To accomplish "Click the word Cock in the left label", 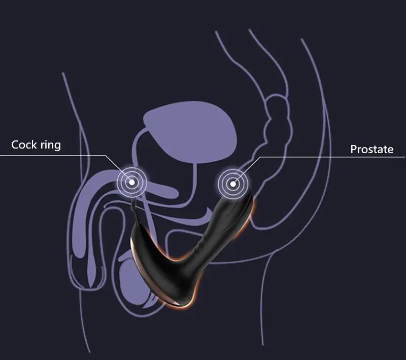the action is [x=24, y=145].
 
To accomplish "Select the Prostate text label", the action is [x=372, y=149].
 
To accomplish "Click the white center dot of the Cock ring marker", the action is [x=132, y=183].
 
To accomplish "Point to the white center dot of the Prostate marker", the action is [x=233, y=184].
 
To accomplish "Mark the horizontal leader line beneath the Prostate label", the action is [x=333, y=157].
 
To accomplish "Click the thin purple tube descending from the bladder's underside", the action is [x=193, y=181].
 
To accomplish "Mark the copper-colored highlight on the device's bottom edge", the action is [x=179, y=305].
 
